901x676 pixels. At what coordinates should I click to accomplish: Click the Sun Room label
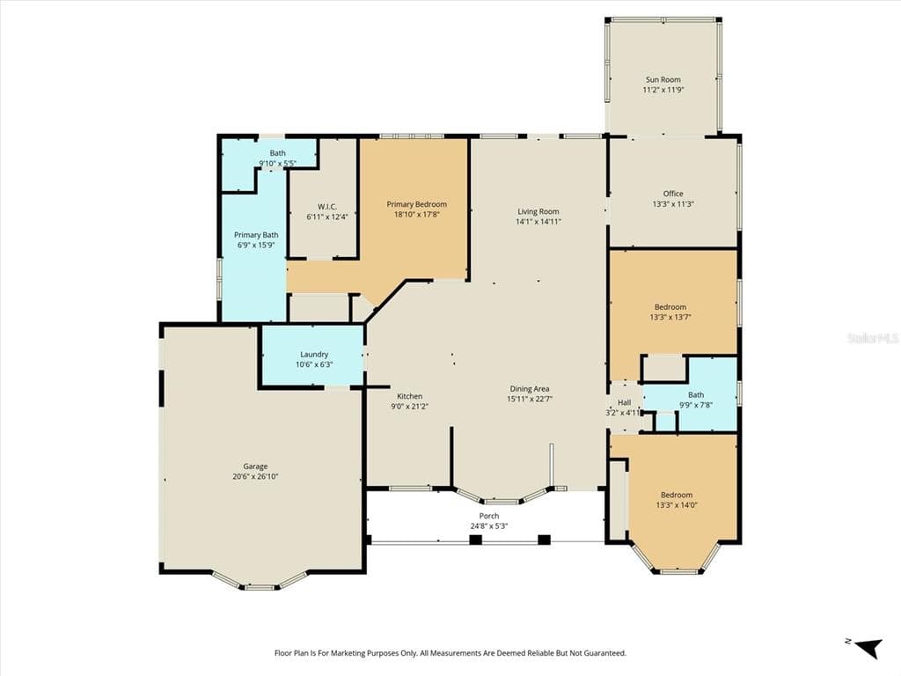(x=663, y=79)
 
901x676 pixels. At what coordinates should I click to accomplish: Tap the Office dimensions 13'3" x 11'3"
(x=673, y=204)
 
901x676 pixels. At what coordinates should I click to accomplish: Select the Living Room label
(x=538, y=211)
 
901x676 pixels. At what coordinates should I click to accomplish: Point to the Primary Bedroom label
(x=416, y=204)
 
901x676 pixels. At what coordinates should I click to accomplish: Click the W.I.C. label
(x=321, y=206)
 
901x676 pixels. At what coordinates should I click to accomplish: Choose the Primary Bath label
(x=255, y=235)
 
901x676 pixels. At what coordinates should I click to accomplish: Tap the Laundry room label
(x=313, y=354)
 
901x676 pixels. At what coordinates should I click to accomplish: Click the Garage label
(x=255, y=467)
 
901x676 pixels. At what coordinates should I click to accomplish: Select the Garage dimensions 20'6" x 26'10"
(x=255, y=477)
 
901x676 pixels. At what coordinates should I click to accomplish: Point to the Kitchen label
(x=409, y=396)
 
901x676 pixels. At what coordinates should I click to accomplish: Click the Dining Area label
(x=529, y=388)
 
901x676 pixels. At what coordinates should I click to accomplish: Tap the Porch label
(x=489, y=516)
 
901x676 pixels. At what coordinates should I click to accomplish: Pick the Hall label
(x=624, y=402)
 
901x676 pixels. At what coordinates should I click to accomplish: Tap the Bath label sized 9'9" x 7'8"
(x=695, y=395)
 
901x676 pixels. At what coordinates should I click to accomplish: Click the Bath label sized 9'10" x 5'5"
(x=277, y=153)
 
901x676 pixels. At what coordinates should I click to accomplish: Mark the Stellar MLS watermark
(x=872, y=337)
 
